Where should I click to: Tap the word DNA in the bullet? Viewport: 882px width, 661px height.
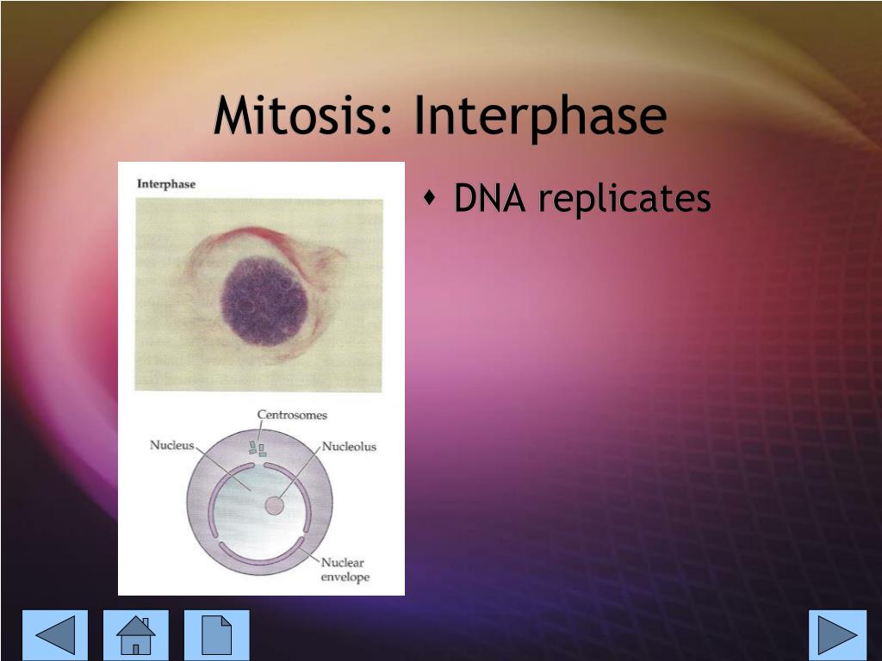click(x=490, y=200)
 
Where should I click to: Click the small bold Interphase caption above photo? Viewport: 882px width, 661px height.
click(x=166, y=183)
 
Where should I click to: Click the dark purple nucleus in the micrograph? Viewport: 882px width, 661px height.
click(x=264, y=297)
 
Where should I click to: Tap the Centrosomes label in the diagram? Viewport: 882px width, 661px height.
click(x=292, y=415)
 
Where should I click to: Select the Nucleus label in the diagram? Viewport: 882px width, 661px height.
click(x=172, y=446)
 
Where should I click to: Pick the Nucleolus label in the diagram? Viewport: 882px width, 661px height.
click(x=349, y=447)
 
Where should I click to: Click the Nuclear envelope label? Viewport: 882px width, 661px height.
click(x=345, y=570)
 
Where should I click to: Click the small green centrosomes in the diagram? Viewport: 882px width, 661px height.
click(x=258, y=448)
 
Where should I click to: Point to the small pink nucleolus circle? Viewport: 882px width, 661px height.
click(x=273, y=505)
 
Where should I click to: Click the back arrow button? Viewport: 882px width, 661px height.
click(x=55, y=635)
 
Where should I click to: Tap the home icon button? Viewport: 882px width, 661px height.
click(x=136, y=635)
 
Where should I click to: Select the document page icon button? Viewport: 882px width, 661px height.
click(x=216, y=635)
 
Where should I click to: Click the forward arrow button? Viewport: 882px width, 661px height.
click(x=837, y=635)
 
